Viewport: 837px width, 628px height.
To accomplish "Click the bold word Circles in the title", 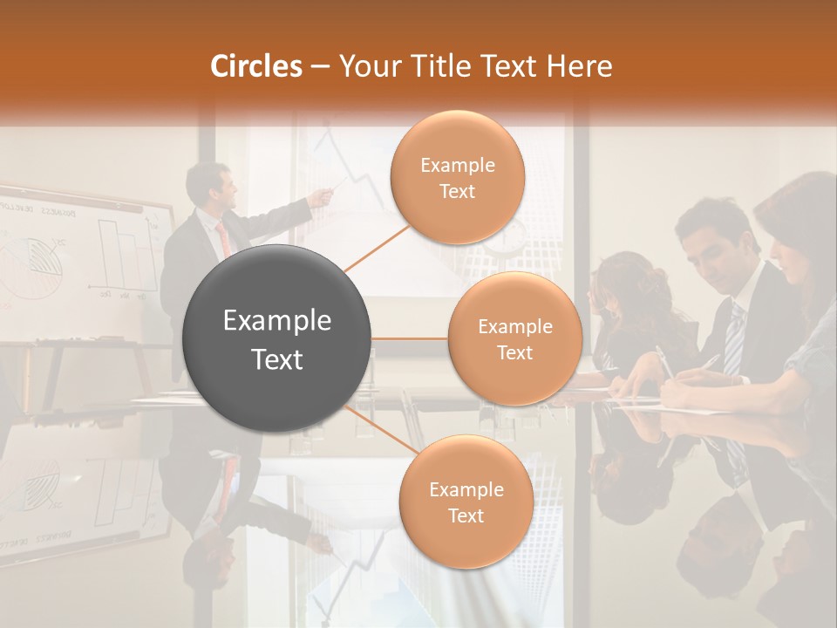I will (x=256, y=66).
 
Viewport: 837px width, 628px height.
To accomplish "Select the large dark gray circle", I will (x=277, y=338).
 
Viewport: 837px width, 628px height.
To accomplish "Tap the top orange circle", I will (x=458, y=177).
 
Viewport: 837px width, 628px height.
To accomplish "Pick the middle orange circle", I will (x=514, y=338).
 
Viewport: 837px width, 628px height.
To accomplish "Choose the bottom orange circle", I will (x=466, y=502).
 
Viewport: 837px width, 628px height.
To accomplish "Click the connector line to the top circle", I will (x=375, y=247).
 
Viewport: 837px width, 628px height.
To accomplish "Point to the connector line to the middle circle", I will (x=410, y=338).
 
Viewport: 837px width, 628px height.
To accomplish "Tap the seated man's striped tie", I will (x=735, y=340).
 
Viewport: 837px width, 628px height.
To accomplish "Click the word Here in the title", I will (x=579, y=66).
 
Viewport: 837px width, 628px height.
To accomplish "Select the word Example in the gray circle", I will (x=277, y=321).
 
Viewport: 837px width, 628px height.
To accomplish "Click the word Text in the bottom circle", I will (x=466, y=515).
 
